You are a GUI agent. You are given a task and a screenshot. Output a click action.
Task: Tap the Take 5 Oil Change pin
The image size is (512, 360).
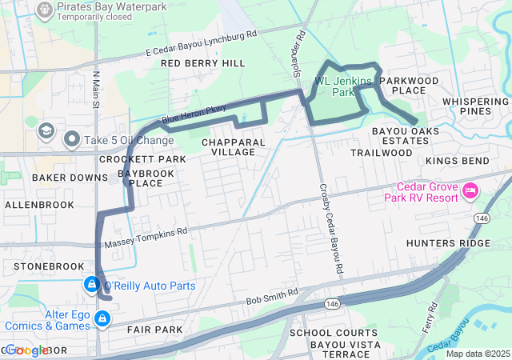pos(73,141)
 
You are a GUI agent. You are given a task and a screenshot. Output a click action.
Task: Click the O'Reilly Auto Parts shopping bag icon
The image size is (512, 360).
pos(92,285)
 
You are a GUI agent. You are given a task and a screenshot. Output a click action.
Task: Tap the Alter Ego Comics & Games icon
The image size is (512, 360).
pos(102,319)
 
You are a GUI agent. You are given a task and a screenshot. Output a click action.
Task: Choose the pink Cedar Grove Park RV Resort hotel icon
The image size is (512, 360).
pos(470,191)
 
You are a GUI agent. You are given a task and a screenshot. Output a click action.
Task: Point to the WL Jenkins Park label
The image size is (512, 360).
pos(344,86)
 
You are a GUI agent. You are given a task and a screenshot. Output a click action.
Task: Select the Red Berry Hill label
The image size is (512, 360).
pos(203,62)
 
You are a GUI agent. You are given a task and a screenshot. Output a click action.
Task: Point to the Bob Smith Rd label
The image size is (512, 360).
pos(272,294)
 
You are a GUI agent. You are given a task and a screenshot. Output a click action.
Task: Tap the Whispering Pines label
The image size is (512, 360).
pos(476,106)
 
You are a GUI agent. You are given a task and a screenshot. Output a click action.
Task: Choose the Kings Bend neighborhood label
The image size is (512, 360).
pos(457,161)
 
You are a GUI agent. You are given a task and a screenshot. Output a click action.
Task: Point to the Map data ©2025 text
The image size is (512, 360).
pos(478,354)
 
